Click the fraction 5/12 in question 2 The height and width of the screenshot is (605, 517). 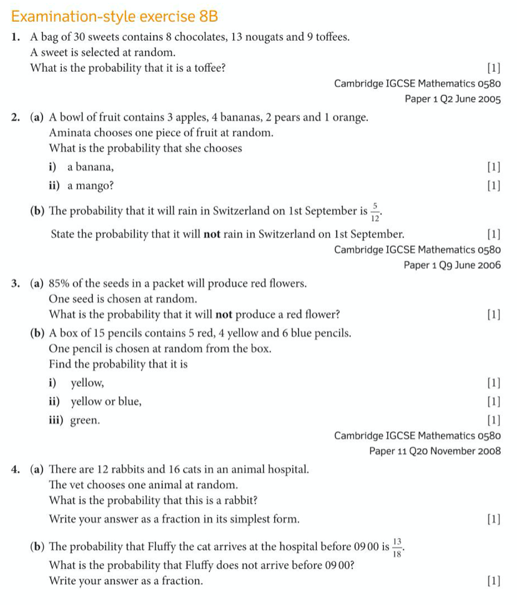pos(375,212)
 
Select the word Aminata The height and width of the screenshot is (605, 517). pos(69,133)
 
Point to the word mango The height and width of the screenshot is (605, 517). pos(91,186)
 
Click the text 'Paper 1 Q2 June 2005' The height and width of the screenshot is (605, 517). pos(452,99)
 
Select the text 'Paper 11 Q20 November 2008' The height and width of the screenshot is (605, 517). pos(435,451)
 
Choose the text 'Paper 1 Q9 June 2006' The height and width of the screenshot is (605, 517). pos(452,265)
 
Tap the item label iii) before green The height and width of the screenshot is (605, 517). pos(58,421)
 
